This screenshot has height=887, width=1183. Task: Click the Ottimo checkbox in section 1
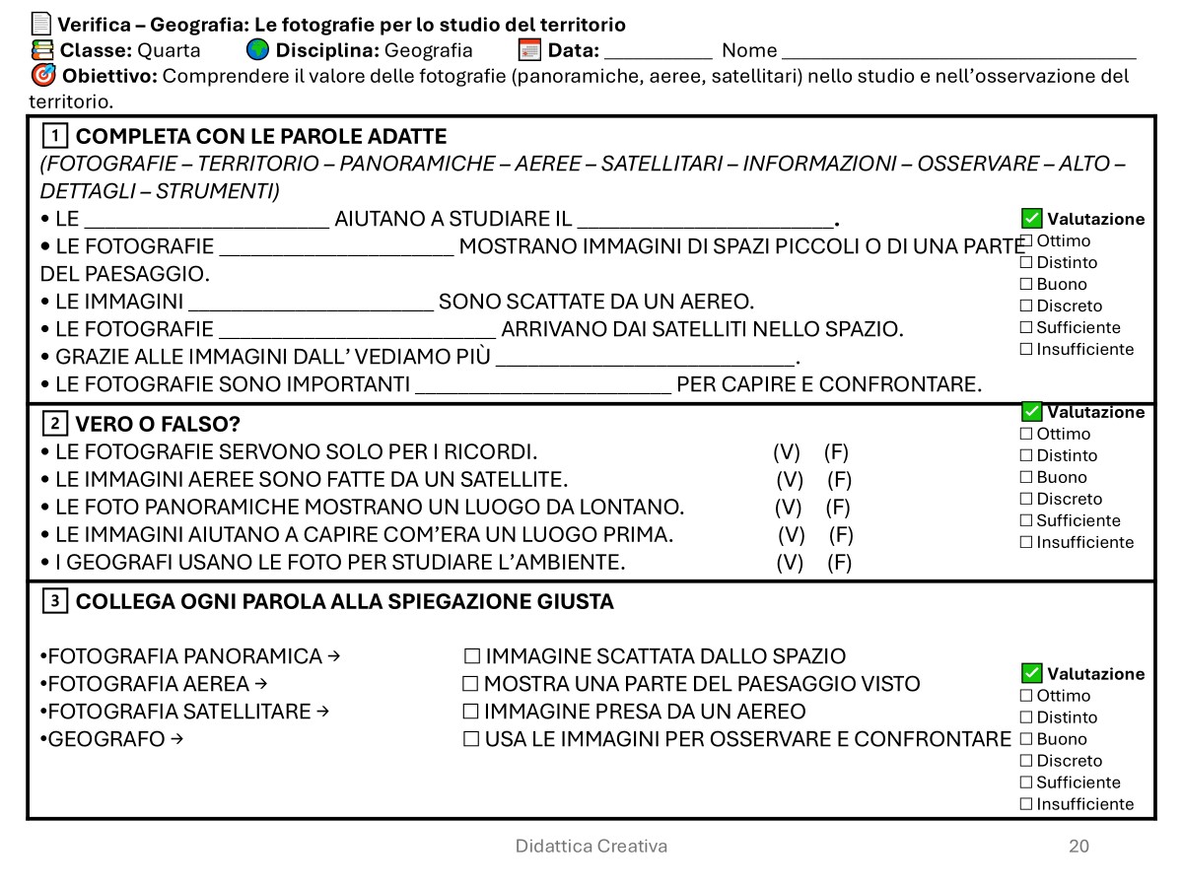pos(1026,240)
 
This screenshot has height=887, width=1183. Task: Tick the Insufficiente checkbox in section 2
pos(1026,542)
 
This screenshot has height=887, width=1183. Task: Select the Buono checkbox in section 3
pos(1026,739)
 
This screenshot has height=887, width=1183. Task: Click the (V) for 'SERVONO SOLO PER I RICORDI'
pos(787,452)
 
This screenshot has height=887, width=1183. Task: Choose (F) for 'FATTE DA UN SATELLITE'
pos(839,480)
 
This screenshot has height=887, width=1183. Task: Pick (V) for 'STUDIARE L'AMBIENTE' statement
pos(790,563)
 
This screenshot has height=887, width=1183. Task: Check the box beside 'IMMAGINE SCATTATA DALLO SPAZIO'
pos(472,656)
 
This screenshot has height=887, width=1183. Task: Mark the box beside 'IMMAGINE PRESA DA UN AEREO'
pos(470,712)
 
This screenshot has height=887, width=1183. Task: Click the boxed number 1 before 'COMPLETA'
pos(55,136)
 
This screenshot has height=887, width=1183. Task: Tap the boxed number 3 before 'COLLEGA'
pos(55,601)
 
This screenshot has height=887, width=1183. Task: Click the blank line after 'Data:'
pos(658,51)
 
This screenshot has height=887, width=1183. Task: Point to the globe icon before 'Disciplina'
pos(257,50)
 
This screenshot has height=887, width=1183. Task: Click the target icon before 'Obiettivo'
pos(43,76)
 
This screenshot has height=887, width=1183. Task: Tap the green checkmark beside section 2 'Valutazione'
pos(1031,411)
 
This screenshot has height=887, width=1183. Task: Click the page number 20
pos(1079,846)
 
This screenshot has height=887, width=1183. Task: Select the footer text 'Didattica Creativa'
pos(591,846)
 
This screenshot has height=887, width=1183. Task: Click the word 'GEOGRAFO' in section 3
pos(106,739)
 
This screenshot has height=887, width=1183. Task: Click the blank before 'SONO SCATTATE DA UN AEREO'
pos(311,302)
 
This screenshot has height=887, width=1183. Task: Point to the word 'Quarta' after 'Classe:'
pos(169,51)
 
